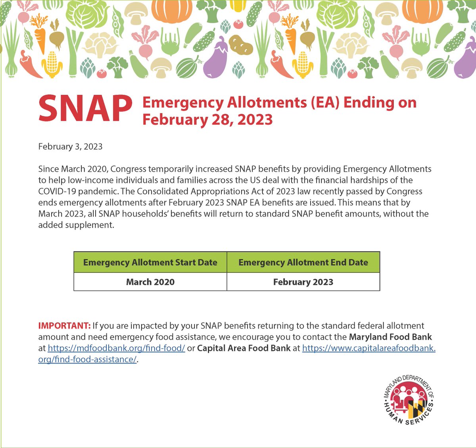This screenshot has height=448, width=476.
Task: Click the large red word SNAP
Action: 85,109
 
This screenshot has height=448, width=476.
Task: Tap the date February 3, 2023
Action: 70,146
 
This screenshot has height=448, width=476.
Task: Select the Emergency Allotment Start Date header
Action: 150,262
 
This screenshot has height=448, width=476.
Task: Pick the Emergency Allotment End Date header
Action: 303,262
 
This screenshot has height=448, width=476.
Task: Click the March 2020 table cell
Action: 150,282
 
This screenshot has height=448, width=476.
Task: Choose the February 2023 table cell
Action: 303,282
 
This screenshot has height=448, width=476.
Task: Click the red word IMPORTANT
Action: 64,326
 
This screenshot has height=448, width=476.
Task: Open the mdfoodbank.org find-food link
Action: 116,348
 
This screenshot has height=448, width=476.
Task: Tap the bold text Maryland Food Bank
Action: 390,337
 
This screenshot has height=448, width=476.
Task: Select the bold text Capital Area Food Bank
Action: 244,348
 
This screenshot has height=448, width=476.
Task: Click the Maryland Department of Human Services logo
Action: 408,399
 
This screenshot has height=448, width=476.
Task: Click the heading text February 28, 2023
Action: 207,119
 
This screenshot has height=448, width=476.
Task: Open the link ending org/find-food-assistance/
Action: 87,359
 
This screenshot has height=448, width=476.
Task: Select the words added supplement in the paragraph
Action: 75,225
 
